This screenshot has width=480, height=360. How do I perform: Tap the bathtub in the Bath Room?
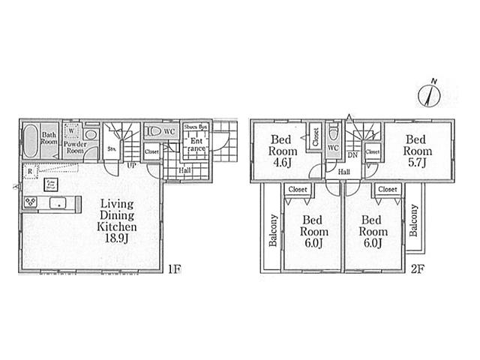[30, 141]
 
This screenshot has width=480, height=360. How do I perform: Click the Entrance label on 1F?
[197, 145]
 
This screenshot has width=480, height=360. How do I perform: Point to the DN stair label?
[352, 155]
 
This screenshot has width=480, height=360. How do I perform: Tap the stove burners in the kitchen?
[32, 202]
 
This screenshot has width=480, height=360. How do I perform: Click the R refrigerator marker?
[28, 171]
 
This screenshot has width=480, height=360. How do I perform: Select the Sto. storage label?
[112, 149]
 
